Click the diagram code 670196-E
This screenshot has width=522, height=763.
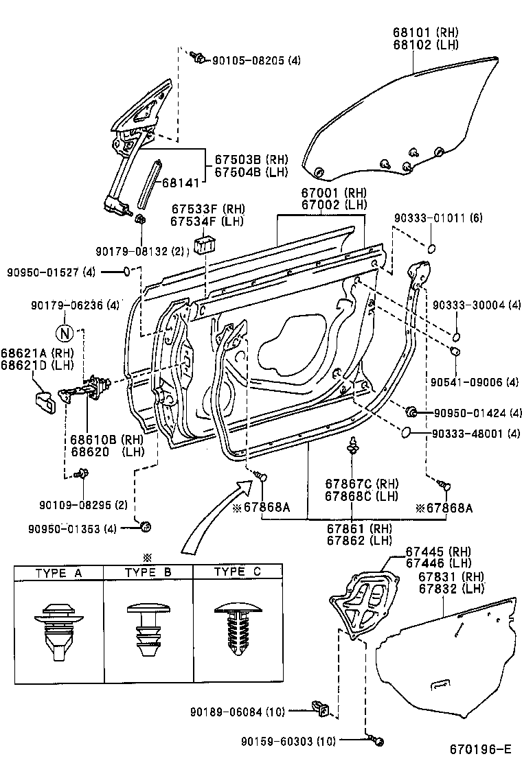[481, 749]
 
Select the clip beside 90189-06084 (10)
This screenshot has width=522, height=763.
[321, 707]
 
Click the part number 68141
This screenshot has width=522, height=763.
[181, 183]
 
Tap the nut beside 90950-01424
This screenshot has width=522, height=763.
[413, 412]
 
